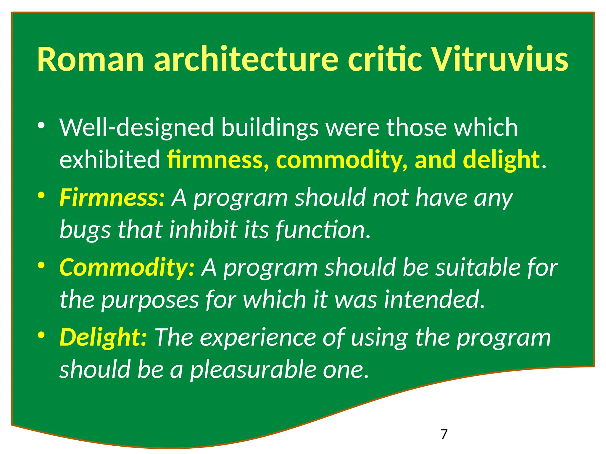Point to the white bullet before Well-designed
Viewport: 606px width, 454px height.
tap(41, 126)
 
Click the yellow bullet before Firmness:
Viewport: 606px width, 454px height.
tap(41, 195)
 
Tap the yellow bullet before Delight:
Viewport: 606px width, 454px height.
tap(41, 335)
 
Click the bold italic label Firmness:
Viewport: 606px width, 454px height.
tap(112, 197)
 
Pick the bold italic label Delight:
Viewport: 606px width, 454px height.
tap(103, 338)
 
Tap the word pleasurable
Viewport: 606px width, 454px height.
tap(253, 369)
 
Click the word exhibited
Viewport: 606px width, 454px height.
tap(110, 160)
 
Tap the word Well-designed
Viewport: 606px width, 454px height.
tap(136, 128)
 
